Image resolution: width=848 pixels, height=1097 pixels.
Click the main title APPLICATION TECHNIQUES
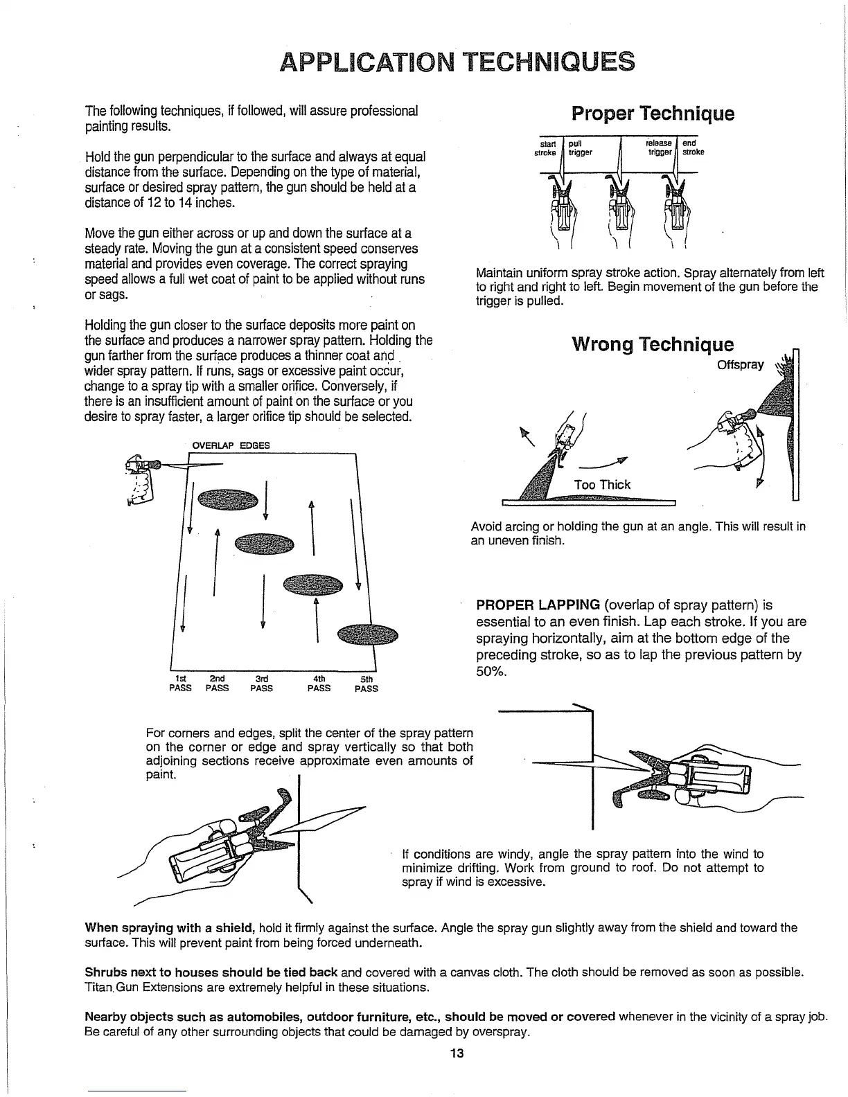point(457,62)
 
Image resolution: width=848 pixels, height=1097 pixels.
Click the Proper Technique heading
point(652,114)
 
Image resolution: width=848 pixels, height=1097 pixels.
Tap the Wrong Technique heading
point(652,344)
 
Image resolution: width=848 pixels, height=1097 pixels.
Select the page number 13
point(456,1054)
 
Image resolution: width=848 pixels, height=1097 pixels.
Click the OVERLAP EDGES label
point(229,445)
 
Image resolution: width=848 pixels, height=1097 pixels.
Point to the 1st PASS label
point(180,684)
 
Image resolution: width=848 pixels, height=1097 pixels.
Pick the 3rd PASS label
point(261,684)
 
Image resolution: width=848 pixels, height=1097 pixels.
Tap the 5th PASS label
point(366,684)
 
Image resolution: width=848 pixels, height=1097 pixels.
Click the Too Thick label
point(602,485)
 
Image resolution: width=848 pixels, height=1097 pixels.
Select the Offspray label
point(741,365)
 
